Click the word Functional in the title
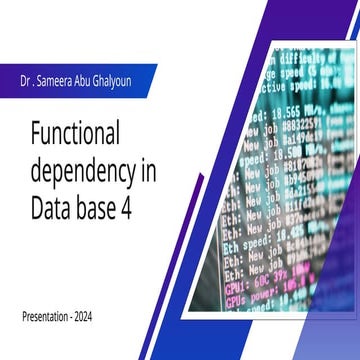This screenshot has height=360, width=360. tap(89, 132)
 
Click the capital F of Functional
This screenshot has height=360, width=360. tap(37, 132)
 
